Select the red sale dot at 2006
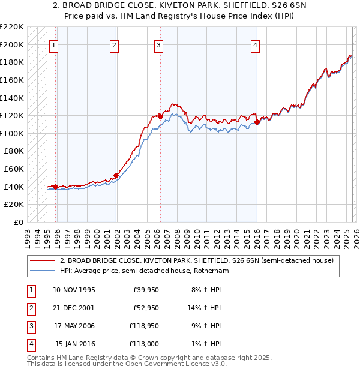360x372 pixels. coord(160,116)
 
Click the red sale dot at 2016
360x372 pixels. coord(257,122)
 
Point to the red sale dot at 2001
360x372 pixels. coord(116,175)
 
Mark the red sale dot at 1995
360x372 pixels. coord(56,187)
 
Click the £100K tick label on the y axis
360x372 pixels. coord(12,133)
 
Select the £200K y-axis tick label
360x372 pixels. coord(12,44)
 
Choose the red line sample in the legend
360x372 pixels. coord(42,260)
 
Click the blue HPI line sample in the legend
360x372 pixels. coord(42,271)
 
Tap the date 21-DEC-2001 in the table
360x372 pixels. coord(74,308)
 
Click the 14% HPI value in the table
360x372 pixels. coord(205,308)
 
